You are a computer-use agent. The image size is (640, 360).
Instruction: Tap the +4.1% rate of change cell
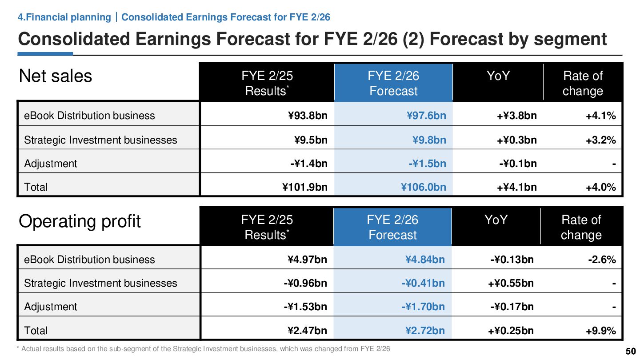click(600, 116)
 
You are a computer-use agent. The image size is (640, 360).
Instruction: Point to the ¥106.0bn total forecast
click(423, 187)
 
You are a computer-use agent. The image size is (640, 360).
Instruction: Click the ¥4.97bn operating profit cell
click(307, 260)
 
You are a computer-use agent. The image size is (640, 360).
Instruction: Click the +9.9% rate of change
click(600, 331)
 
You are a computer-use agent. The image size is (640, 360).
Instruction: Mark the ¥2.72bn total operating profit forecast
click(424, 331)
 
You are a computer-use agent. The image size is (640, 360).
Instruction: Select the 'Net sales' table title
click(55, 76)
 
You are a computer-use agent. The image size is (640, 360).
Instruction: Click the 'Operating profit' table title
click(80, 221)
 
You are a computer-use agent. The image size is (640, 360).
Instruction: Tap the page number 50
click(631, 351)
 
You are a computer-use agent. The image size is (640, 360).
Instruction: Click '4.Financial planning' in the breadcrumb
click(64, 17)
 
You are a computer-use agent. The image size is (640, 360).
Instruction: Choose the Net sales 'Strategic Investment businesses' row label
click(100, 140)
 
